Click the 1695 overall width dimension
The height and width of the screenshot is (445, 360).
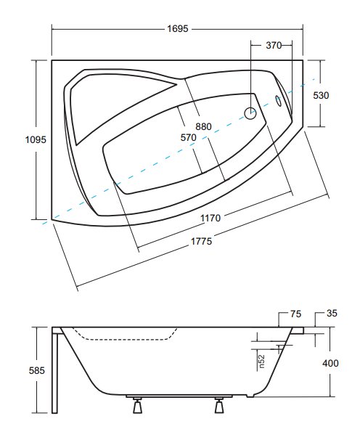click(177, 28)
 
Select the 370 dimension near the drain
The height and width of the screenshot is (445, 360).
click(274, 45)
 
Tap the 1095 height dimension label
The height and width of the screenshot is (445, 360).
click(36, 139)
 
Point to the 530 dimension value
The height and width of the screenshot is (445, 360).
click(321, 95)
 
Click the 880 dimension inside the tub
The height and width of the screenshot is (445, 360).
click(203, 126)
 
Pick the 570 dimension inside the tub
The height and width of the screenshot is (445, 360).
click(189, 138)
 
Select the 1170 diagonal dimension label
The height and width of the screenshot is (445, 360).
click(210, 218)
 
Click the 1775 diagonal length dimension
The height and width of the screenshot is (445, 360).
click(202, 241)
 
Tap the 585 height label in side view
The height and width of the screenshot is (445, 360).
click(37, 370)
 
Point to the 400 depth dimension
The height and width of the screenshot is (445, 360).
click(330, 363)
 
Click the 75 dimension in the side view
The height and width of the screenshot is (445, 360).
click(295, 314)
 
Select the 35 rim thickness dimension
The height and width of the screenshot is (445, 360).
click(332, 314)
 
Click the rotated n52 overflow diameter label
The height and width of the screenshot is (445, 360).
click(261, 362)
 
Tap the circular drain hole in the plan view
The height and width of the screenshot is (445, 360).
click(250, 113)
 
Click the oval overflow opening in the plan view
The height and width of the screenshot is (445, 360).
click(278, 101)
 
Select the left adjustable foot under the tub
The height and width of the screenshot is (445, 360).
click(137, 405)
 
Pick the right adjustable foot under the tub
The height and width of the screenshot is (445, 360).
click(218, 405)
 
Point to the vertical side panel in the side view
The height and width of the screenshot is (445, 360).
click(54, 370)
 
